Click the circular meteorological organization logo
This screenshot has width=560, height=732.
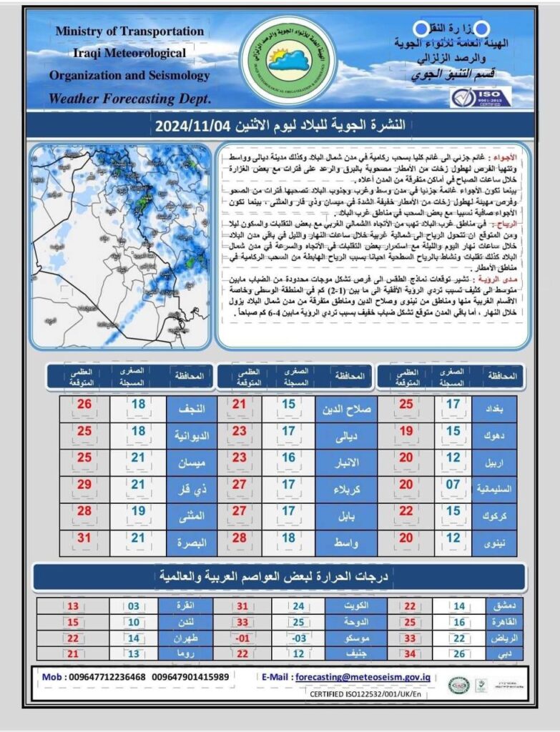click(280, 60)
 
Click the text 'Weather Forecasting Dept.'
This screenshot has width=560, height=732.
click(129, 98)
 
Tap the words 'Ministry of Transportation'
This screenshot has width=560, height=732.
click(129, 31)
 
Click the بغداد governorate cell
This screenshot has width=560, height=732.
click(494, 410)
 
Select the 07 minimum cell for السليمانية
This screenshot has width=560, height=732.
click(453, 489)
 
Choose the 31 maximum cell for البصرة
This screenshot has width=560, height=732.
click(84, 542)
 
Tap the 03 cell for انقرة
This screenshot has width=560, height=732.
click(134, 607)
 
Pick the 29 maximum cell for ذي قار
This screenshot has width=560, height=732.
click(84, 489)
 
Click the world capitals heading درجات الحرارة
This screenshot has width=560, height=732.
click(280, 576)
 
